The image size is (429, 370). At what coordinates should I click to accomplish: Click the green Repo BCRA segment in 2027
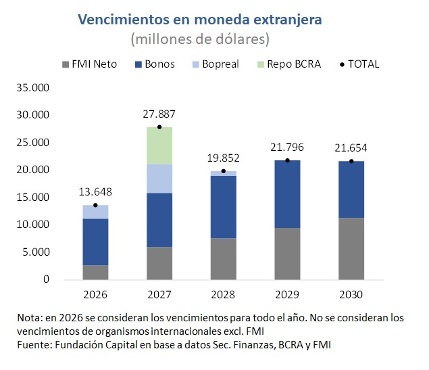(x=159, y=145)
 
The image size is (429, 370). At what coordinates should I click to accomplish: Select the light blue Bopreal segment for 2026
(x=95, y=212)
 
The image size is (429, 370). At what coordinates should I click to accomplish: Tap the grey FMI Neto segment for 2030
(x=351, y=248)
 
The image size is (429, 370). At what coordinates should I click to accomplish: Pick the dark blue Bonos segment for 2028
(x=224, y=207)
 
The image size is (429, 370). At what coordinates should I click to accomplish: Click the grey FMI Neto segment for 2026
(x=95, y=272)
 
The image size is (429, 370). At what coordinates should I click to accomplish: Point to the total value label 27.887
(x=159, y=114)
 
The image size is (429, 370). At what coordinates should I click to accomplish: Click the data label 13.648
(x=95, y=191)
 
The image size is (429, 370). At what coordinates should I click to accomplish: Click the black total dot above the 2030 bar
(x=351, y=161)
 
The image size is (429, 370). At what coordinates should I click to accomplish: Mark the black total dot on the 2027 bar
(x=159, y=127)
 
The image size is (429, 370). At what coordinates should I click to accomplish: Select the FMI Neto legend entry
(x=94, y=64)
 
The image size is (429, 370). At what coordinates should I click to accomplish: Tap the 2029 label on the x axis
(x=287, y=295)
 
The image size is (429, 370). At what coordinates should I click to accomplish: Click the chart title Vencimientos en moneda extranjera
(x=200, y=19)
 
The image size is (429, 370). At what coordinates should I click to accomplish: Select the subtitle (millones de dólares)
(x=200, y=39)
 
